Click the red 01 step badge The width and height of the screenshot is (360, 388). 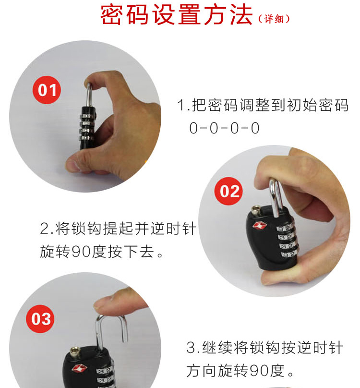tap(47, 90)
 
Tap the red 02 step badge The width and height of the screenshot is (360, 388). tap(228, 191)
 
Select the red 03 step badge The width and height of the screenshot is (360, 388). tap(40, 319)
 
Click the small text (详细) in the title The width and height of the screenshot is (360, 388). tap(274, 19)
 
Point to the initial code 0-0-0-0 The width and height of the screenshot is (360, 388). tap(224, 128)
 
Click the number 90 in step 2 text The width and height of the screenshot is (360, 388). tap(82, 252)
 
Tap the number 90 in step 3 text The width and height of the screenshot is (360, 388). tap(259, 370)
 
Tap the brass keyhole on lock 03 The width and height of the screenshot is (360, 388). tap(74, 352)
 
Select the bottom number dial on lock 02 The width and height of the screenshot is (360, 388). tap(289, 254)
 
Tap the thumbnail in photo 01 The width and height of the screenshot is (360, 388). tap(72, 165)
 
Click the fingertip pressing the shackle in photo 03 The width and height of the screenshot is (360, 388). tap(104, 304)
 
